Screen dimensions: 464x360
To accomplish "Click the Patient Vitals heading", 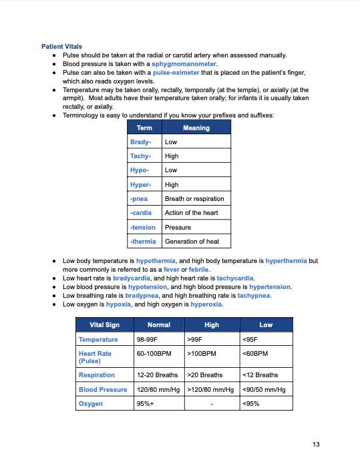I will click(62, 47).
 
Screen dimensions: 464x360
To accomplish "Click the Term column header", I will click(144, 128).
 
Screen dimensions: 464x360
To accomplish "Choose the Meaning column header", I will click(196, 128).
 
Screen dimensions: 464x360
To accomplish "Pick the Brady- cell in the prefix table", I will click(140, 142).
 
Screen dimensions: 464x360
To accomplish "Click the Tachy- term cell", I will click(140, 156).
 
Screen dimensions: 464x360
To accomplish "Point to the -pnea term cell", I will click(139, 199).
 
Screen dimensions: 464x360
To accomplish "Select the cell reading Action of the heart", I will click(191, 213).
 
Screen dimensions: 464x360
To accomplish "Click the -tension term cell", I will click(142, 228).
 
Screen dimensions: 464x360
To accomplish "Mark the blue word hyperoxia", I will click(206, 304).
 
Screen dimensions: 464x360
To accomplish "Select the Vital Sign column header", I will click(104, 324).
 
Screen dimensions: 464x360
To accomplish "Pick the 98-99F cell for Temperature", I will click(148, 340).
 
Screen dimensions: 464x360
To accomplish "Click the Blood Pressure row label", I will click(103, 389).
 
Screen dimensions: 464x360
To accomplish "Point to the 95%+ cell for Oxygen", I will click(145, 403).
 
